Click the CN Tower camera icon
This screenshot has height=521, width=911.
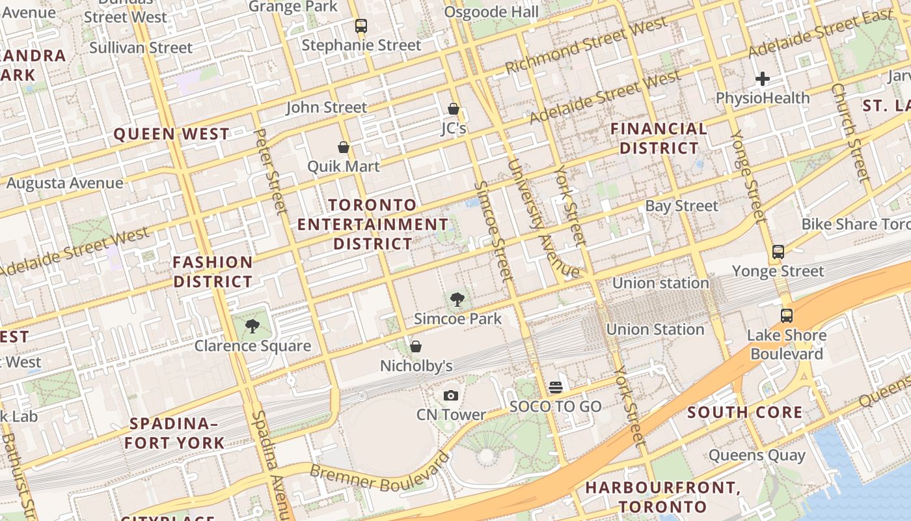tap(450, 395)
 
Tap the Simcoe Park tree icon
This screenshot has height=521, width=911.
tap(457, 300)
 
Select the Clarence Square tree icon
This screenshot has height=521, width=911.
tap(252, 326)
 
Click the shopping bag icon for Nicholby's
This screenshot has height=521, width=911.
tap(416, 346)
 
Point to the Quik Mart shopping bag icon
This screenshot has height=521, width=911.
tap(344, 147)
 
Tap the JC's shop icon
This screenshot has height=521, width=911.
tap(454, 109)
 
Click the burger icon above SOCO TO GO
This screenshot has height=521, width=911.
tap(555, 387)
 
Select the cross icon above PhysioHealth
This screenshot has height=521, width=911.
tap(763, 79)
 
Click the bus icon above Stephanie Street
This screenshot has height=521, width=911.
tap(360, 26)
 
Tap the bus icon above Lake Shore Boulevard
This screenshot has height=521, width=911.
tap(787, 316)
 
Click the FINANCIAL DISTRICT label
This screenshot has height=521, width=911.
tap(659, 138)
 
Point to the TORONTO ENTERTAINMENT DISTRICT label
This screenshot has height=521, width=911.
tap(373, 224)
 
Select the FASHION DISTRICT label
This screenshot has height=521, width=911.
tap(213, 272)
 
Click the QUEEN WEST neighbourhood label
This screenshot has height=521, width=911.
tap(172, 134)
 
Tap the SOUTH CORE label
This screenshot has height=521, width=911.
tap(745, 412)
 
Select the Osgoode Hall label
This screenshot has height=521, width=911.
tap(491, 12)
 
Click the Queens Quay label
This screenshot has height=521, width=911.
tap(757, 455)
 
